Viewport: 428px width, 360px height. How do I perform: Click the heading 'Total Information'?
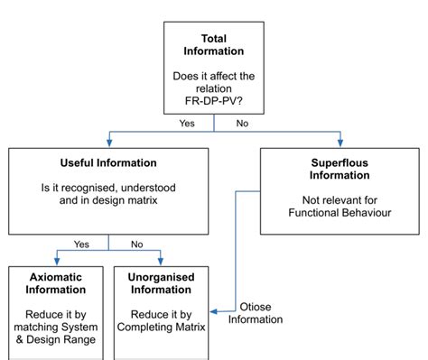pyautogui.click(x=214, y=45)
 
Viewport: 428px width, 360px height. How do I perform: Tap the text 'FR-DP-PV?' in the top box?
pyautogui.click(x=214, y=105)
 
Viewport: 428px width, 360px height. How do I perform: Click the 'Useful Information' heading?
pyautogui.click(x=108, y=162)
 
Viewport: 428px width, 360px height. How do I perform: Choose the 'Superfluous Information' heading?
pyautogui.click(x=340, y=169)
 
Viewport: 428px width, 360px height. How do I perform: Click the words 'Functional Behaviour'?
pyautogui.click(x=340, y=213)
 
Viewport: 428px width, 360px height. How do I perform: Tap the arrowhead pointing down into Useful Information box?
pyautogui.click(x=108, y=143)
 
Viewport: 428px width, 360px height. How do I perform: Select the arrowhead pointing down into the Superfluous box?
pyautogui.click(x=341, y=143)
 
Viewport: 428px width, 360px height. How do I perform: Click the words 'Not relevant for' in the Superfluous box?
pyautogui.click(x=340, y=199)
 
